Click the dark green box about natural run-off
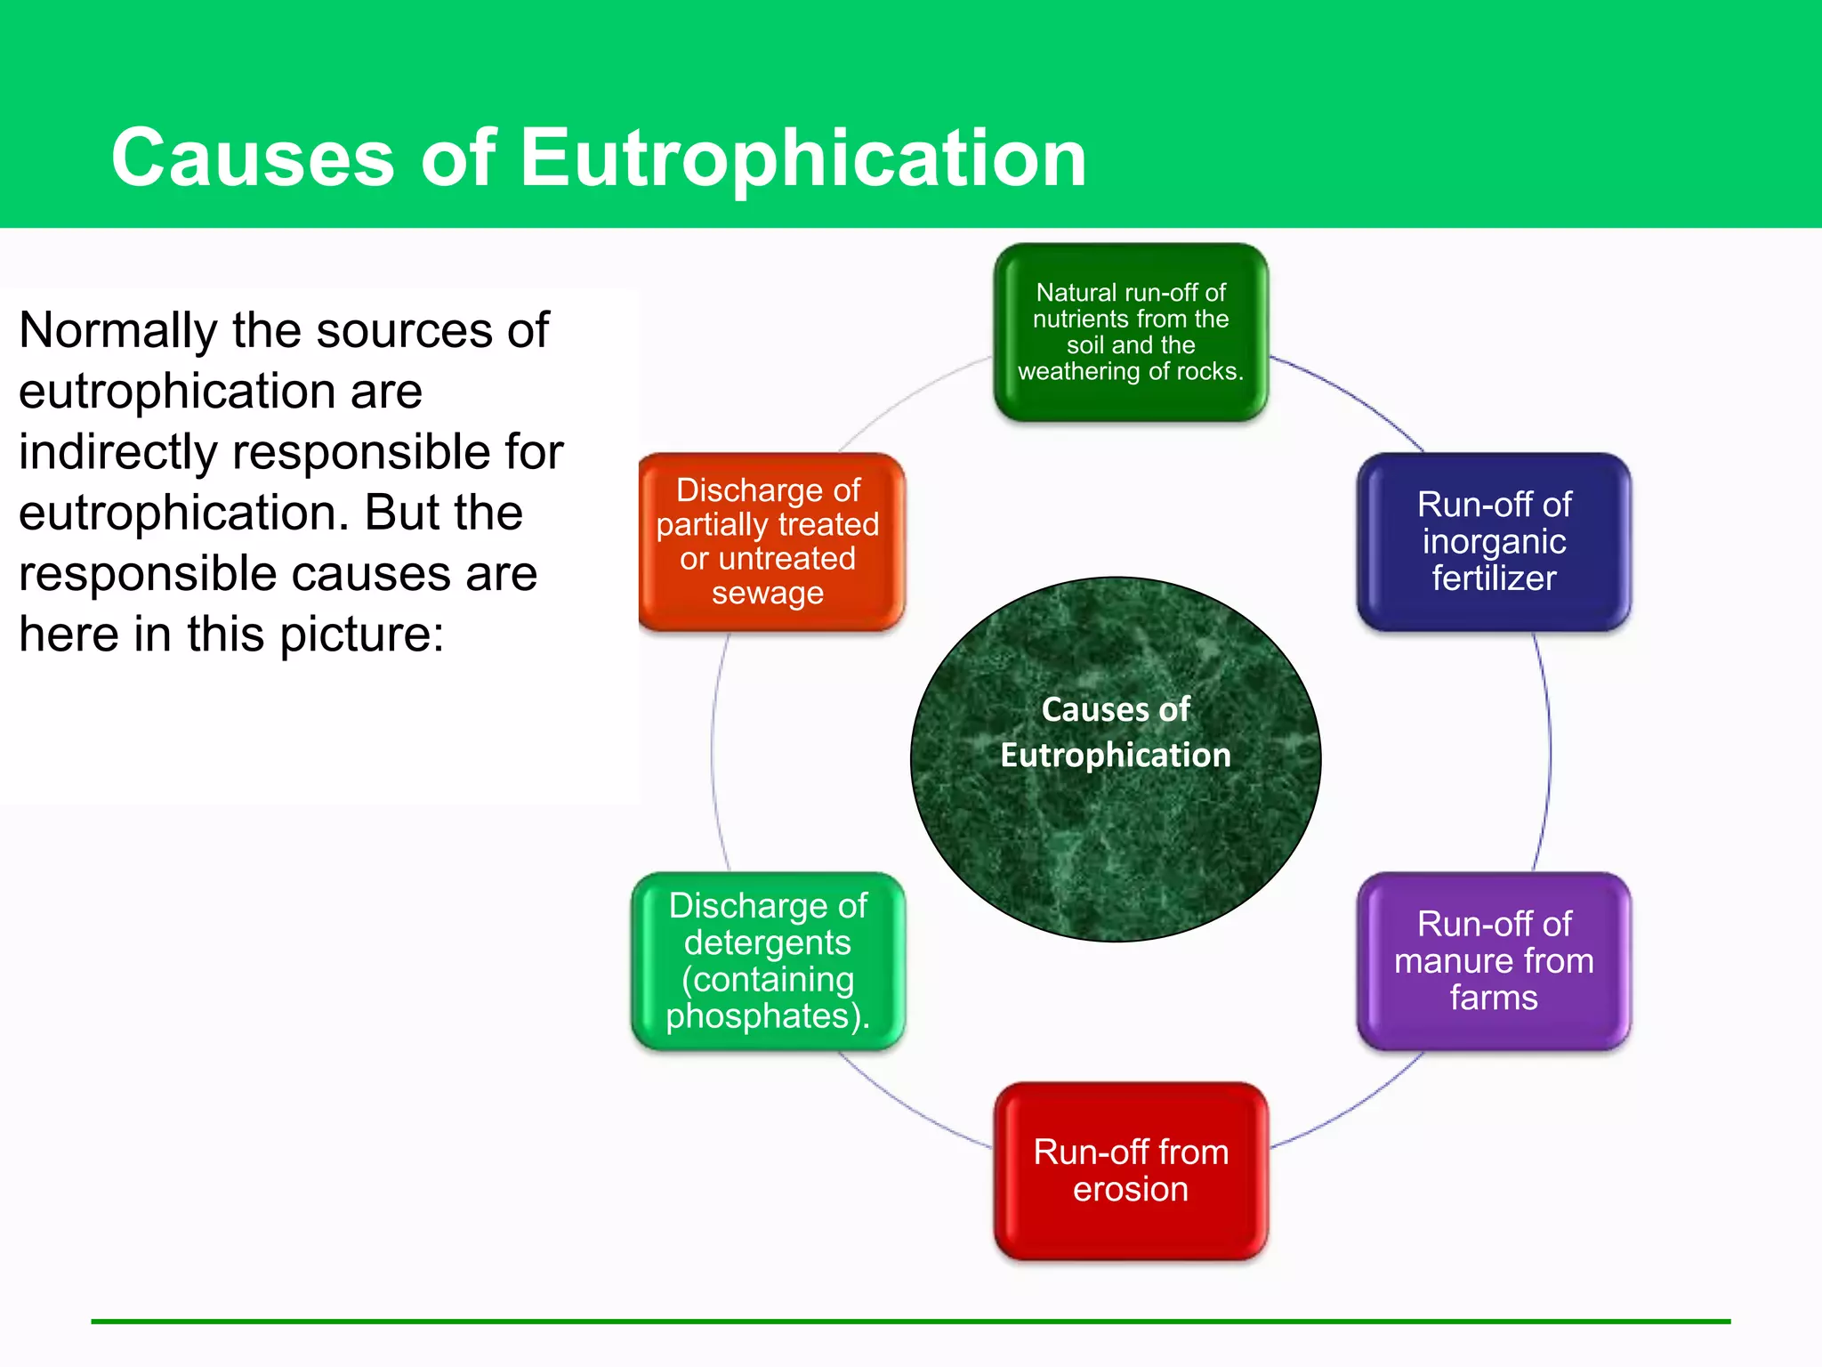pyautogui.click(x=1130, y=332)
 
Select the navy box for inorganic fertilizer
pyautogui.click(x=1494, y=541)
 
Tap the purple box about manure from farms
pyautogui.click(x=1494, y=961)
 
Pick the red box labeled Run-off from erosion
pyautogui.click(x=1130, y=1171)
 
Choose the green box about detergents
pyautogui.click(x=768, y=961)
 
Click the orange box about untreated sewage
pyautogui.click(x=770, y=541)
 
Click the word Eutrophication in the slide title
pyautogui.click(x=802, y=158)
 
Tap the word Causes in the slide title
pyautogui.click(x=253, y=158)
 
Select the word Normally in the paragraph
pyautogui.click(x=117, y=331)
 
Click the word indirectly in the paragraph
pyautogui.click(x=117, y=452)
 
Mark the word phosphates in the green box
pyautogui.click(x=762, y=1015)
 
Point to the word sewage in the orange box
pyautogui.click(x=768, y=593)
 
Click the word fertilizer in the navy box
pyautogui.click(x=1494, y=578)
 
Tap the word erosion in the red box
pyautogui.click(x=1130, y=1190)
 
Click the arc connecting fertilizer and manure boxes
pyautogui.click(x=1548, y=752)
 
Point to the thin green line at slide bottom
pyautogui.click(x=911, y=1322)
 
